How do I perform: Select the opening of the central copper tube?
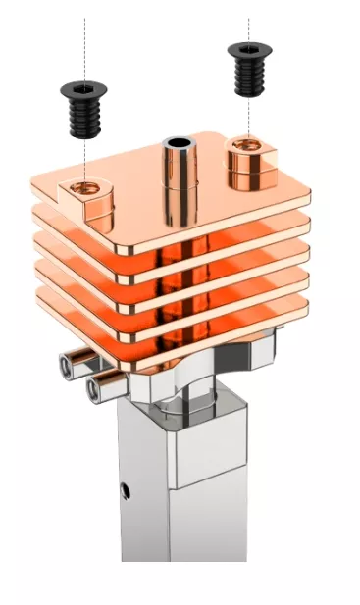tap(180, 143)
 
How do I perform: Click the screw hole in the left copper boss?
tap(85, 185)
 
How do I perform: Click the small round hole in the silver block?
tap(125, 486)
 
